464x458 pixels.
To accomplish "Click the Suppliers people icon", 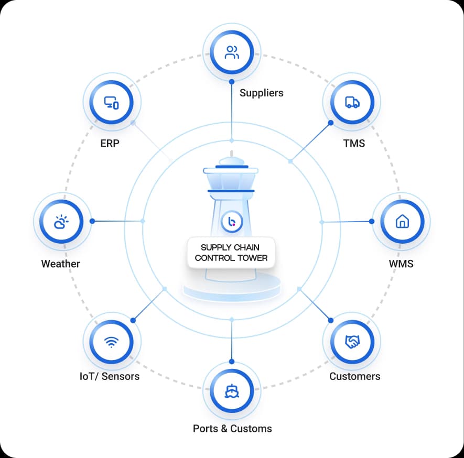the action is pos(232,52).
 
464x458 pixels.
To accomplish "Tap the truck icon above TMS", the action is pos(352,102).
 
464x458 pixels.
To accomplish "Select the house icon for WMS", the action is pos(402,221).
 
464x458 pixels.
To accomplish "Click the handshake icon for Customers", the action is pos(352,342).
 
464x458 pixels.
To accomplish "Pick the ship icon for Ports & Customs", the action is pos(232,391).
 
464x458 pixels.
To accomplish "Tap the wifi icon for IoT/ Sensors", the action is pos(111,342).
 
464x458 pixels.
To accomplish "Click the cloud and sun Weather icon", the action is pos(61,222).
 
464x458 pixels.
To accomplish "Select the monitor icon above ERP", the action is pos(111,103).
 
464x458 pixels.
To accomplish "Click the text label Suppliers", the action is pos(261,93).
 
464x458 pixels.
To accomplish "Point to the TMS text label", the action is pos(354,144).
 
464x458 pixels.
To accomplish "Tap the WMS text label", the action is pos(401,264).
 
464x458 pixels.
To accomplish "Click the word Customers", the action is pos(355,376).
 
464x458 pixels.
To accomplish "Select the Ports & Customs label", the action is pos(232,429).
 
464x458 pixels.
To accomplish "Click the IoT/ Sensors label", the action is pos(110,376).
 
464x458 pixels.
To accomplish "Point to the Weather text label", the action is pos(61,264).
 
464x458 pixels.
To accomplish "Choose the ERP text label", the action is pos(110,144).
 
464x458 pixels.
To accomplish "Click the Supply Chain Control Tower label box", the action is pos(231,253).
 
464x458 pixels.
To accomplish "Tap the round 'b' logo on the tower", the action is pos(232,222).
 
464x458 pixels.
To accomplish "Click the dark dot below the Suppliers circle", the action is pos(232,82).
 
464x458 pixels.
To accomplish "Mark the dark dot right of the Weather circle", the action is pos(92,221).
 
